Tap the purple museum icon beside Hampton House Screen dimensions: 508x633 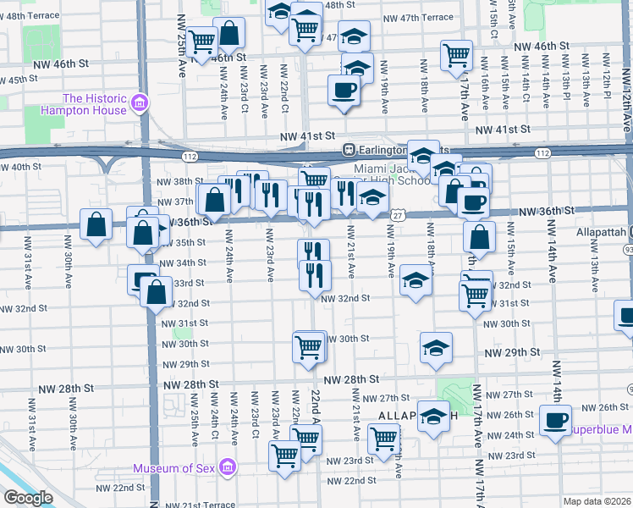(140, 104)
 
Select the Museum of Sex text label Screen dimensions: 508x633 (174, 468)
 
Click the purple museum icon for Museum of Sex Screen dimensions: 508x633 (226, 467)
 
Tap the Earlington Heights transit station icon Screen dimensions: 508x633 (347, 149)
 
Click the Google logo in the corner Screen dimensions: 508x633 (28, 498)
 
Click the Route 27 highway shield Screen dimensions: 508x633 (396, 215)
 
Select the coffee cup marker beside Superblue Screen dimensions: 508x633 (556, 420)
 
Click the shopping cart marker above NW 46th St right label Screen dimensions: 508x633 (456, 54)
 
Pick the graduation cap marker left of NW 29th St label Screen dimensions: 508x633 (436, 347)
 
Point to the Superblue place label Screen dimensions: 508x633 (600, 429)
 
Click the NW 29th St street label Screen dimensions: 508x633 (512, 351)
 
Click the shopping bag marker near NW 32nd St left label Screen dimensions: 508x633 (157, 292)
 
